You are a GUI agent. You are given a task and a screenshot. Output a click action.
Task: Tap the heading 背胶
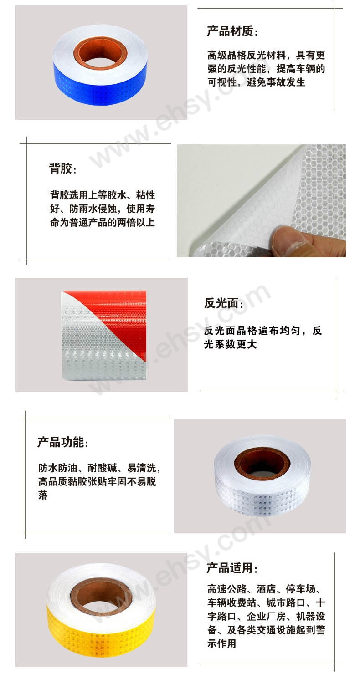coord(62,168)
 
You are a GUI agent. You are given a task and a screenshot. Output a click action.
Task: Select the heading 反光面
coord(224,303)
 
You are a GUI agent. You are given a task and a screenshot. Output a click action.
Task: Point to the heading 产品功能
coord(63,442)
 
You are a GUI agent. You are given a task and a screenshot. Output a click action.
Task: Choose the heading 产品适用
coord(232,568)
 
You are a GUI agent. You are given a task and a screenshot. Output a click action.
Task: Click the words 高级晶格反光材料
coord(247,56)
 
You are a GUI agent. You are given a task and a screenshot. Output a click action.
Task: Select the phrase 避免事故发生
coord(276,82)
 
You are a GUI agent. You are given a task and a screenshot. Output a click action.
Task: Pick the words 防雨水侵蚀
coord(89,209)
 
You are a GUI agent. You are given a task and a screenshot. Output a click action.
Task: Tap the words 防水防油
coord(57,468)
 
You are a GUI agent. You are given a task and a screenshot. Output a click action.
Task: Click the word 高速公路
coord(227,589)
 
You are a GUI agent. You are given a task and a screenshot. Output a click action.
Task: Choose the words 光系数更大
coord(230,344)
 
